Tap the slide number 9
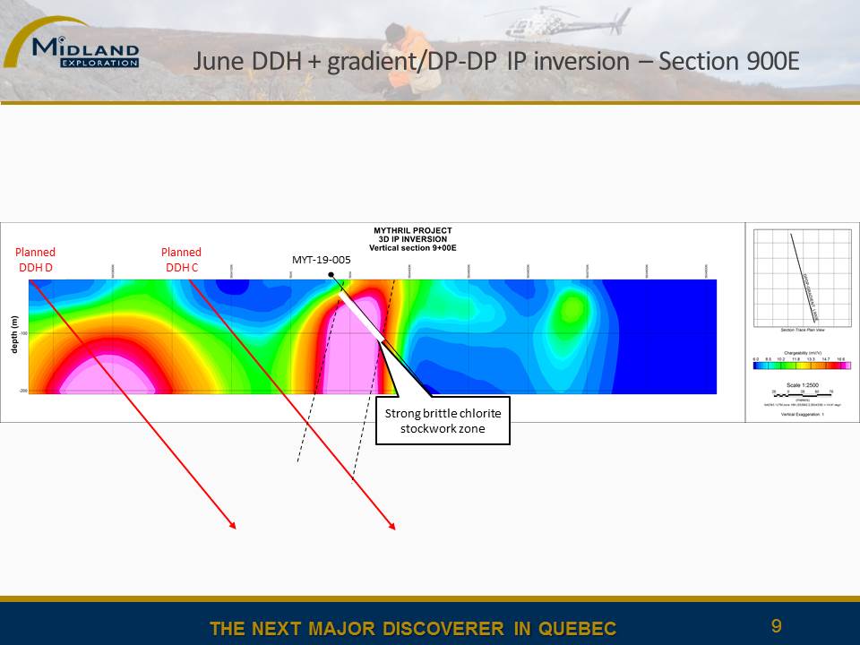coord(777,626)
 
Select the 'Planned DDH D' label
coord(37,260)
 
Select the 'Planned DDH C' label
coord(181,260)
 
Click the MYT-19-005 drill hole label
coord(321,260)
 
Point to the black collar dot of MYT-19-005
coord(331,274)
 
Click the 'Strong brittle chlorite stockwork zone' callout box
coord(443,420)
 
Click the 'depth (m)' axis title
coord(14,334)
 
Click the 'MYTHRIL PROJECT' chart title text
coord(413,230)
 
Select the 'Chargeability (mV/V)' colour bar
coord(802,365)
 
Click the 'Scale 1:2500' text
coord(801,384)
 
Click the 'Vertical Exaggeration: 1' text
coord(801,414)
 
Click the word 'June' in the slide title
coord(216,62)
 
